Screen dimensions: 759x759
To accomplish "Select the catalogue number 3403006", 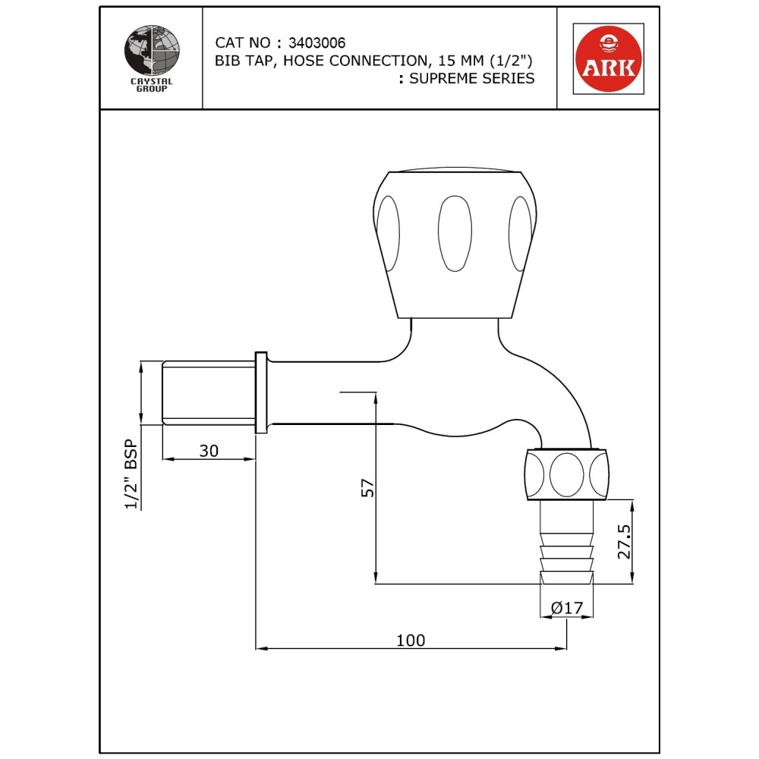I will point(317,43).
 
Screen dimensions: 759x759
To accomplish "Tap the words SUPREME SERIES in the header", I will point(471,78).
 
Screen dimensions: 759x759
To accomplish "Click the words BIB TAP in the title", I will point(241,61).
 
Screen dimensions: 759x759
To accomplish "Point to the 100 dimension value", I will point(411,641).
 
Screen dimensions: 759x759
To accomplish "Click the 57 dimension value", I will point(367,487).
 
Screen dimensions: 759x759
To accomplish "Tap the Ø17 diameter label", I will point(567,608).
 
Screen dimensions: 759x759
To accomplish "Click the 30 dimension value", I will point(209,450).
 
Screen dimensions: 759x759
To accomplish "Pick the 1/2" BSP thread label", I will point(131,474).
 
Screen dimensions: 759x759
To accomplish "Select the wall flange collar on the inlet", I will point(260,392).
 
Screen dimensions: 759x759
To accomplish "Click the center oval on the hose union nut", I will point(565,474).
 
